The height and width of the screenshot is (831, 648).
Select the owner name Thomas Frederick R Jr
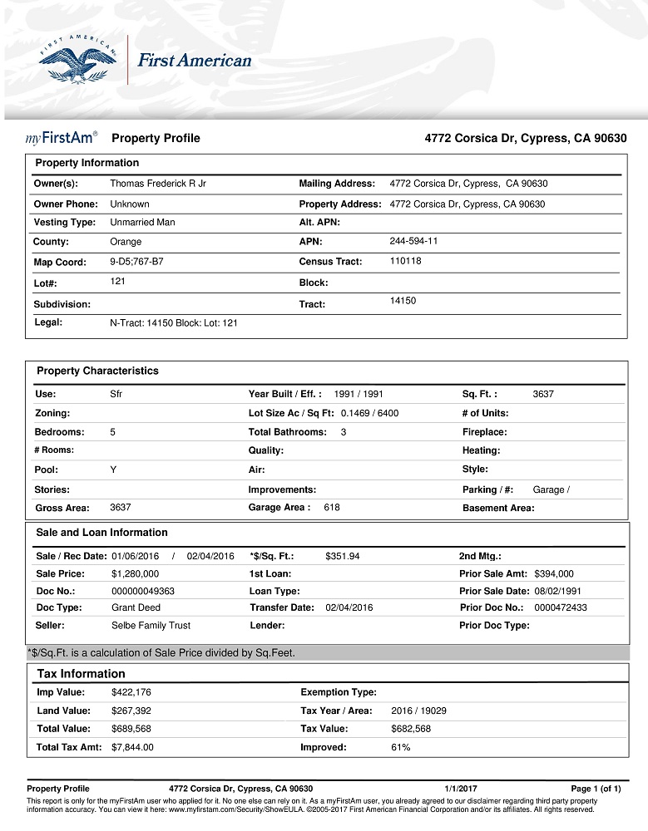[158, 184]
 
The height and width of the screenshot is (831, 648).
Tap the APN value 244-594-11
[413, 241]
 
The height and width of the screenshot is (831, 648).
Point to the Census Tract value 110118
[406, 261]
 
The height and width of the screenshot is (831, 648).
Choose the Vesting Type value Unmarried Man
[142, 223]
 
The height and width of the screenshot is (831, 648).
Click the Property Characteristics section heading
[97, 371]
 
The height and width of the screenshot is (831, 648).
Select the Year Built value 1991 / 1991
[359, 394]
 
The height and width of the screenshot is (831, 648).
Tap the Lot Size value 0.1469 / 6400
[369, 413]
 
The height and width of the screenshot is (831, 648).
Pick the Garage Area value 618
[332, 507]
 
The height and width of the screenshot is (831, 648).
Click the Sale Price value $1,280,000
[135, 573]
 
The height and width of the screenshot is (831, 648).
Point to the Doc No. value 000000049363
[143, 591]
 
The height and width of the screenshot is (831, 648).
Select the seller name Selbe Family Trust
[151, 625]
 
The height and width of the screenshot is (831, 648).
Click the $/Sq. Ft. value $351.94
[342, 556]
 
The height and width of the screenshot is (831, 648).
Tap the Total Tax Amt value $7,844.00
[132, 747]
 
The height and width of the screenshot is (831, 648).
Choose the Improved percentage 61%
[400, 747]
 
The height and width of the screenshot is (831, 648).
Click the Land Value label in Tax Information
[63, 711]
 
